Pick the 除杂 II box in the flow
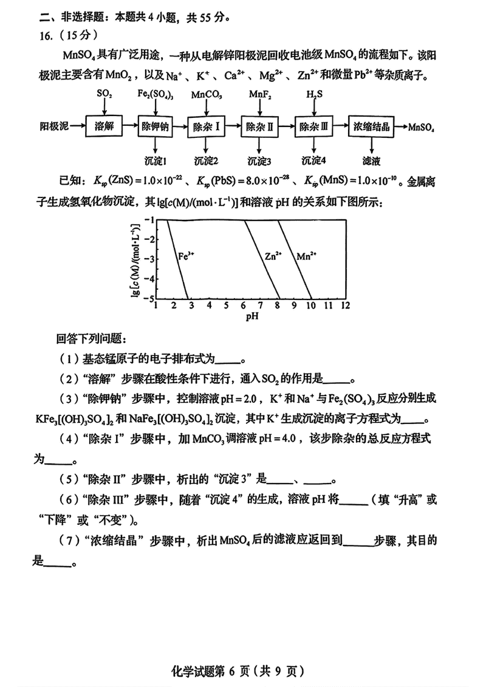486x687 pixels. click(x=259, y=127)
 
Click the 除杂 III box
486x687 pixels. click(x=313, y=127)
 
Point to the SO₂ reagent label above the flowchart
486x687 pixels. click(x=104, y=95)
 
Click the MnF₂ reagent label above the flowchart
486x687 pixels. click(x=260, y=95)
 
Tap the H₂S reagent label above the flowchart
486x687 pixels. click(x=314, y=95)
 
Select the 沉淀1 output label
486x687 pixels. click(x=156, y=161)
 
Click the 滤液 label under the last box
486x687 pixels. click(x=371, y=161)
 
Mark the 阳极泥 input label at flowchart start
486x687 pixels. click(x=53, y=127)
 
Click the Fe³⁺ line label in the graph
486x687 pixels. click(x=186, y=256)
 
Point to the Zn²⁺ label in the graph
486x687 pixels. click(x=273, y=256)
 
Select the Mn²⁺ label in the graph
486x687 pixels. click(x=307, y=256)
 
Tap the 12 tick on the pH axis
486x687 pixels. click(x=344, y=304)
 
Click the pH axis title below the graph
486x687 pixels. click(x=252, y=316)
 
